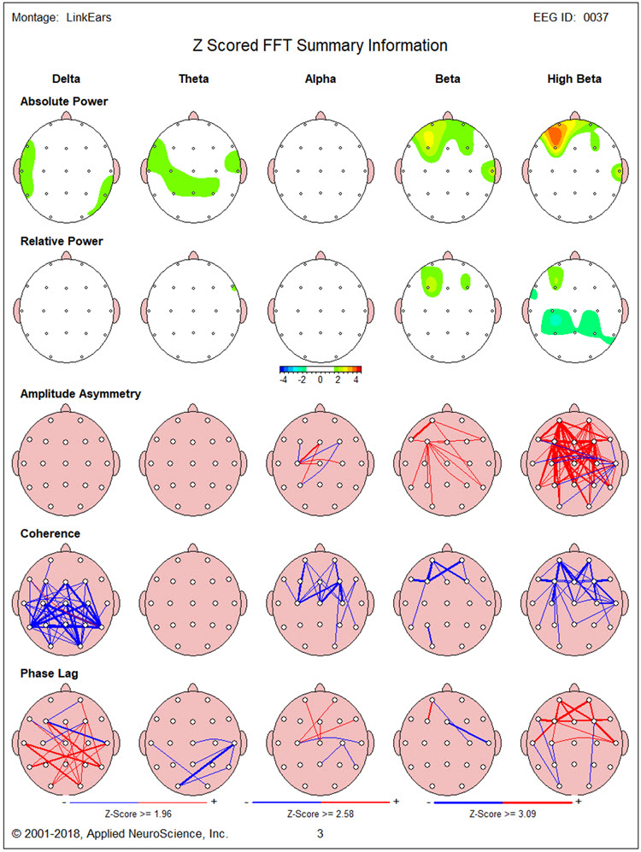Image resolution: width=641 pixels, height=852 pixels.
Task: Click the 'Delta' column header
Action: [x=66, y=79]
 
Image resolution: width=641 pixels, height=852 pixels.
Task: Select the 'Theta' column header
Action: [x=193, y=79]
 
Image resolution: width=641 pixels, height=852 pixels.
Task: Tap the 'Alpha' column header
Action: [x=320, y=79]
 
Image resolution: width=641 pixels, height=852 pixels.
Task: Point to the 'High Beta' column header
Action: [x=573, y=79]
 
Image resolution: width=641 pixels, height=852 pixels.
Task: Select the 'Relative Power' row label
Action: [x=62, y=241]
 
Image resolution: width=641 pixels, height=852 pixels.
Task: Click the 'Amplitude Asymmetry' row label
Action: [x=80, y=394]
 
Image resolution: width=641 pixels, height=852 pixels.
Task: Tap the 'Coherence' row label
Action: [x=50, y=533]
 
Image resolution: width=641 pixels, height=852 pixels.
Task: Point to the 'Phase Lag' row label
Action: [x=50, y=673]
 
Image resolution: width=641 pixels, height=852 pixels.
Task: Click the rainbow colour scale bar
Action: [x=320, y=369]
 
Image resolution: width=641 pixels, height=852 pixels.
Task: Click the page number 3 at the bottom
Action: [x=320, y=832]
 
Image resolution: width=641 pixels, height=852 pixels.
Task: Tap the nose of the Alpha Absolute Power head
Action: [x=320, y=115]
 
